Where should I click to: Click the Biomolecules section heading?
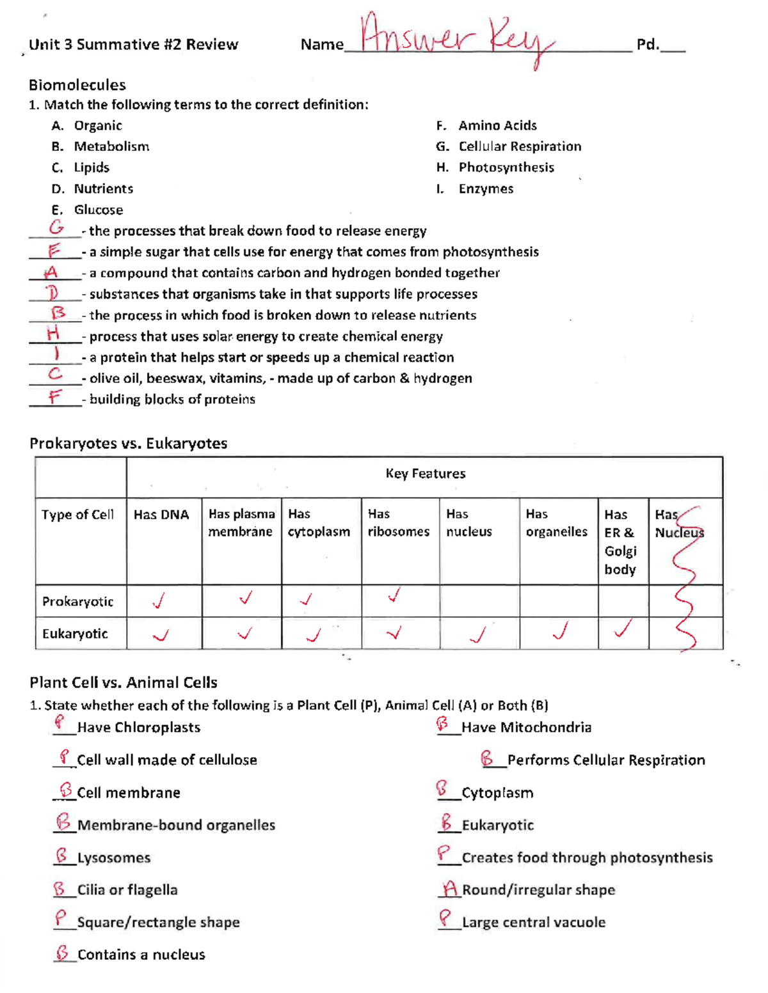pyautogui.click(x=77, y=85)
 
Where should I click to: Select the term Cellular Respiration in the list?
pyautogui.click(x=520, y=146)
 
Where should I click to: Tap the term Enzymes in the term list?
pyautogui.click(x=486, y=189)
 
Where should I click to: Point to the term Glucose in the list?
pyautogui.click(x=98, y=210)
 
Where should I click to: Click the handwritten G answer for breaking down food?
pyautogui.click(x=56, y=227)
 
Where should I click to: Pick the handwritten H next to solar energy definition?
pyautogui.click(x=54, y=332)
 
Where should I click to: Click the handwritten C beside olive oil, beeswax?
pyautogui.click(x=55, y=374)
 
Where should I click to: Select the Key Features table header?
pyautogui.click(x=425, y=474)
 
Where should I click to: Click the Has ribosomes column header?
pyautogui.click(x=398, y=523)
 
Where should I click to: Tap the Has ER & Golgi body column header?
pyautogui.click(x=620, y=542)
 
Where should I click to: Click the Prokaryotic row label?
pyautogui.click(x=77, y=602)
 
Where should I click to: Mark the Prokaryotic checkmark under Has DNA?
pyautogui.click(x=159, y=601)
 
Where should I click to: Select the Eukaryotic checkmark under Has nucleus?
pyautogui.click(x=478, y=634)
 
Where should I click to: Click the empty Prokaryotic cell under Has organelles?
pyautogui.click(x=558, y=601)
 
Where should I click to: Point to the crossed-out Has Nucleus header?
pyautogui.click(x=679, y=524)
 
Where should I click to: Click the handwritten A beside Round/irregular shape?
pyautogui.click(x=450, y=889)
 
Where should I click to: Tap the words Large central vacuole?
pyautogui.click(x=533, y=922)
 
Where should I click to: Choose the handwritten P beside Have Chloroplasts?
pyautogui.click(x=60, y=723)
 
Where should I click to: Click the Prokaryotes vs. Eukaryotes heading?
pyautogui.click(x=128, y=443)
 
